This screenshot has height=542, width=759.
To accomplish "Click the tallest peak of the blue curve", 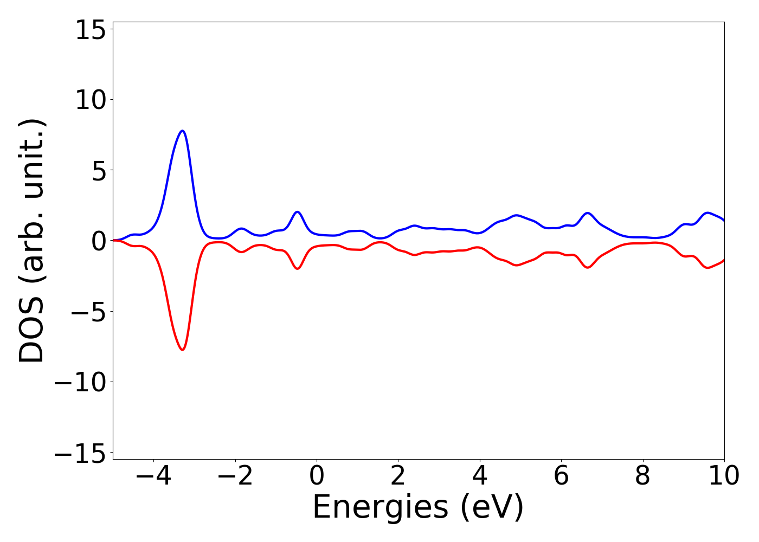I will (x=183, y=131).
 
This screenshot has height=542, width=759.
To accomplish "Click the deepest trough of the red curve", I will (x=183, y=350).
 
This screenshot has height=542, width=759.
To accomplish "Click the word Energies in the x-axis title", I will (x=380, y=508).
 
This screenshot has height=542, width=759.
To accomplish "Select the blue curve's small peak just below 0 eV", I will (x=297, y=211).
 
